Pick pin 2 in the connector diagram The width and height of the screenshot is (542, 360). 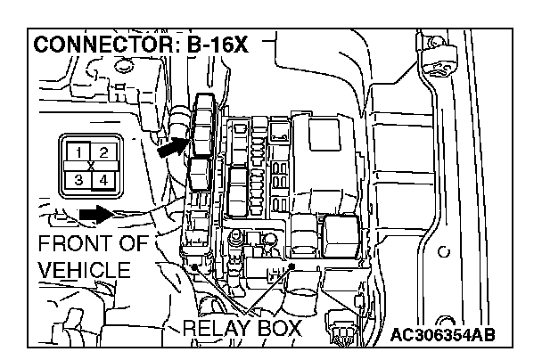point(103,153)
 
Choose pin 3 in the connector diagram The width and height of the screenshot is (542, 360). point(79,179)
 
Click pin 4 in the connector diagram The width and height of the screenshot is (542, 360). point(103,179)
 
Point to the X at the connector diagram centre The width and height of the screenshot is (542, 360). point(91,166)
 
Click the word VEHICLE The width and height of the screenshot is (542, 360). point(85,270)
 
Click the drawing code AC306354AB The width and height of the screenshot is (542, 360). point(443,334)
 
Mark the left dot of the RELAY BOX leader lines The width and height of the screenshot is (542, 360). point(194,265)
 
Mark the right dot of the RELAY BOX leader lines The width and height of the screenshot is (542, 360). point(291,266)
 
